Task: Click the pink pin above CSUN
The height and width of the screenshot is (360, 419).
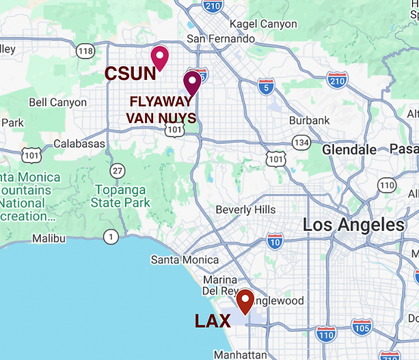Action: [160, 57]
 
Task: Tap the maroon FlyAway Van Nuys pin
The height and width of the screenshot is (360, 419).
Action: [192, 83]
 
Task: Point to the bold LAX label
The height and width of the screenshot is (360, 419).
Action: [213, 320]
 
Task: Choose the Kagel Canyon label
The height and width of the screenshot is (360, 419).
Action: [264, 25]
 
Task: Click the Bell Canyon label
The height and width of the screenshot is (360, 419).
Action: [58, 102]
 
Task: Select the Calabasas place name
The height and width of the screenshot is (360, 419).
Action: [79, 143]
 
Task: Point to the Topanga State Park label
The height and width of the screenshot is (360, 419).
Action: [120, 196]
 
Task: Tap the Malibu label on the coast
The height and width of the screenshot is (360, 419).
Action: [49, 238]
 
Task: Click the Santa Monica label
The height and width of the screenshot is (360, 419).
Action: [185, 260]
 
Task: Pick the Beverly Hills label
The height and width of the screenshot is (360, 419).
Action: [245, 209]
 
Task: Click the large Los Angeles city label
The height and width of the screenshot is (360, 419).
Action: [353, 225]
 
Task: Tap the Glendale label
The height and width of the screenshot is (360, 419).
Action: [349, 149]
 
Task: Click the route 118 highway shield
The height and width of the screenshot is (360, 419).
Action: [85, 51]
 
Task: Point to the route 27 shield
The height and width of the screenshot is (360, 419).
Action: [118, 170]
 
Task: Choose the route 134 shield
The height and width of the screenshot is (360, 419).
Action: [301, 142]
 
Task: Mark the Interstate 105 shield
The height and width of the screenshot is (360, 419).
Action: [362, 327]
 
